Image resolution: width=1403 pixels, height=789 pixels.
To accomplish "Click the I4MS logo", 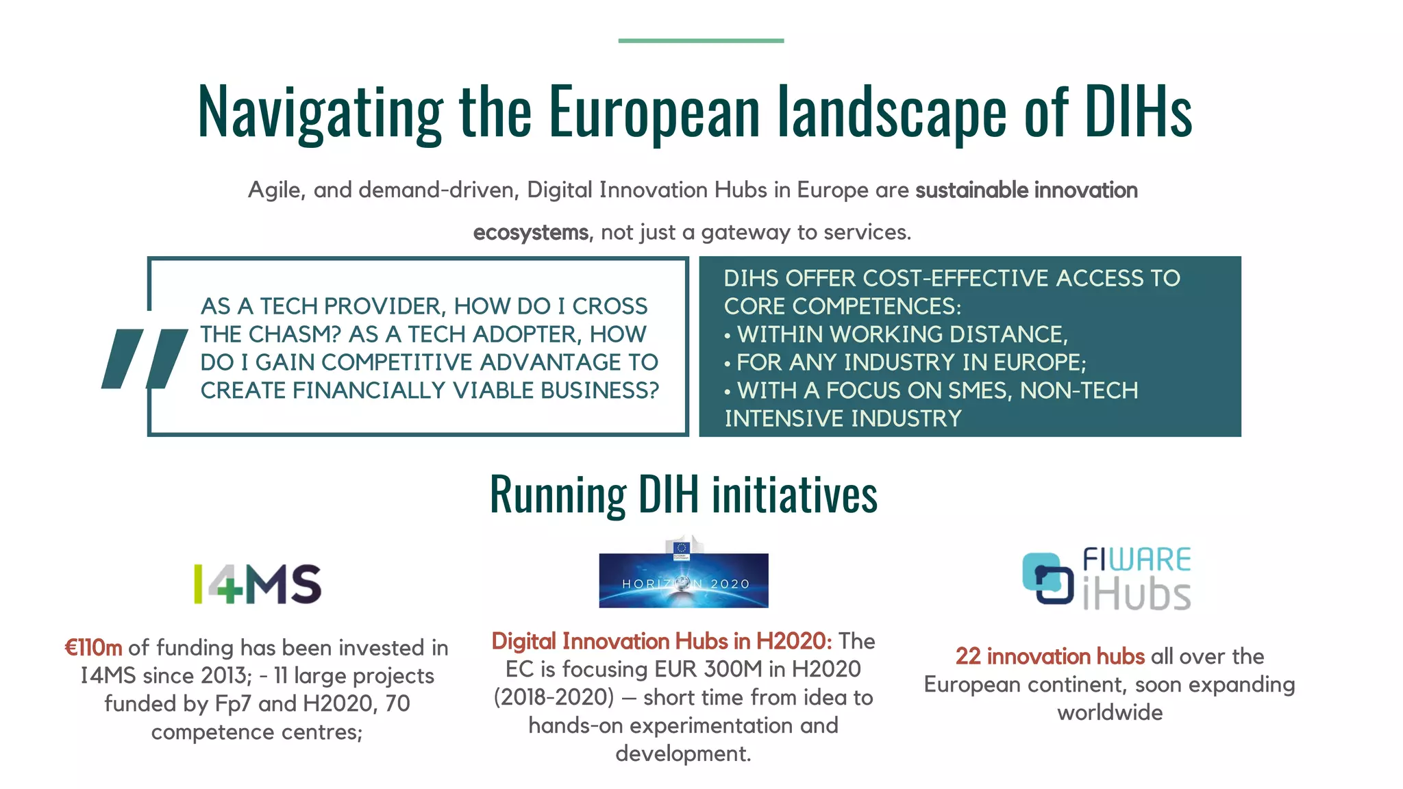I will click(x=258, y=584).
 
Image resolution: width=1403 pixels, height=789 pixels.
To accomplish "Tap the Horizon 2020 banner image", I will click(x=683, y=579).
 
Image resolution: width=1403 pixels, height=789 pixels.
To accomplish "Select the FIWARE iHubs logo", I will click(x=1106, y=579).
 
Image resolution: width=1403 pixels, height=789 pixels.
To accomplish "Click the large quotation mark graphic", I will click(x=144, y=359).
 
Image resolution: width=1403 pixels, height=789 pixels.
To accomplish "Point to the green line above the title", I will click(x=701, y=41).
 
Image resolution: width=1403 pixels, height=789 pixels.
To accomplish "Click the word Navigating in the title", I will click(x=320, y=112).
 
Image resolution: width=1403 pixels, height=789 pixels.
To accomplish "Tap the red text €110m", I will click(x=93, y=648).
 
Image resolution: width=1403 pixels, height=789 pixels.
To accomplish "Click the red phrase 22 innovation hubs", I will click(x=1050, y=656).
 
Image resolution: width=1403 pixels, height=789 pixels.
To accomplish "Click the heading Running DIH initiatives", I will click(x=683, y=494).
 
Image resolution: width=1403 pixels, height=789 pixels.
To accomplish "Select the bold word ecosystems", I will click(x=531, y=233).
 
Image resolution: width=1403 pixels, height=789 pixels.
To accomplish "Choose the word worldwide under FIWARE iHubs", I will click(x=1110, y=712).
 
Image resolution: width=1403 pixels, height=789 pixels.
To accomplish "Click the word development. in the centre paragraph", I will click(x=683, y=753).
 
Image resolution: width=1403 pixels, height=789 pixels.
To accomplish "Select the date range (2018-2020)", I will click(x=554, y=697).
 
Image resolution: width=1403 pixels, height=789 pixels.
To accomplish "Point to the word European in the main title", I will click(x=654, y=111).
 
